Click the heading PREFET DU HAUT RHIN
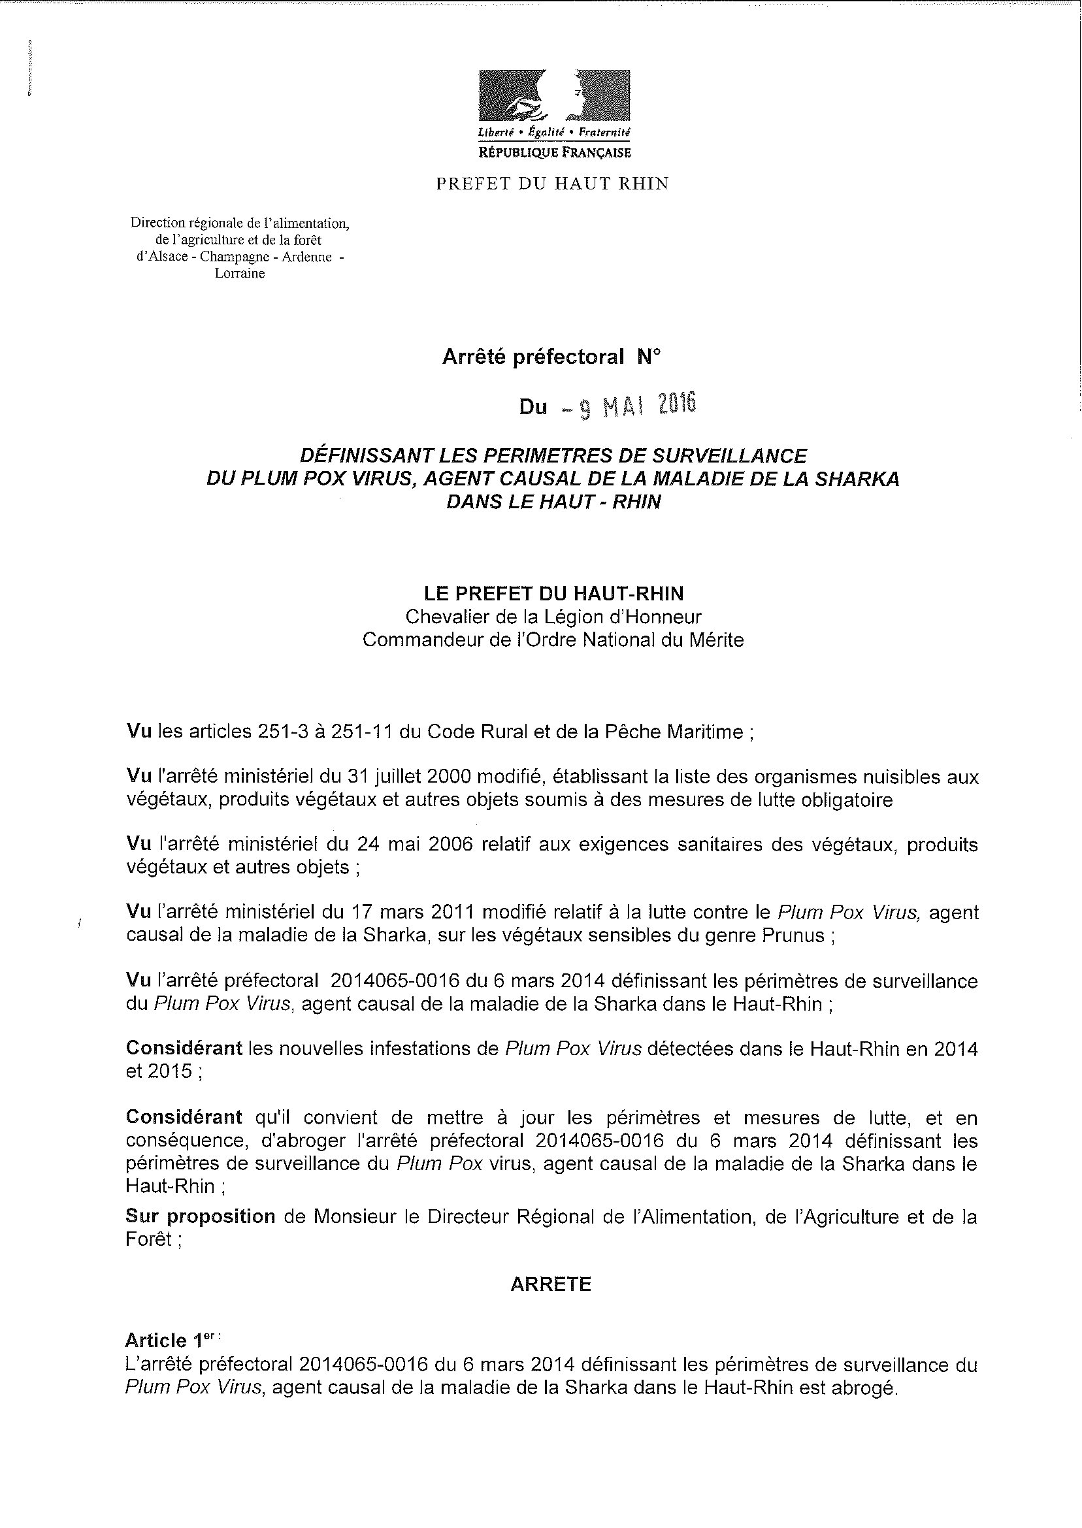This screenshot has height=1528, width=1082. coord(552,184)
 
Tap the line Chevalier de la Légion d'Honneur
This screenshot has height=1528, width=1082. coord(553,617)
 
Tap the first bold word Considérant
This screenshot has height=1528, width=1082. coord(184,1048)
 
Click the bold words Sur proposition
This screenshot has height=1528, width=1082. coord(200,1217)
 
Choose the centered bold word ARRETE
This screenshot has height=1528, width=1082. coord(551,1284)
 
